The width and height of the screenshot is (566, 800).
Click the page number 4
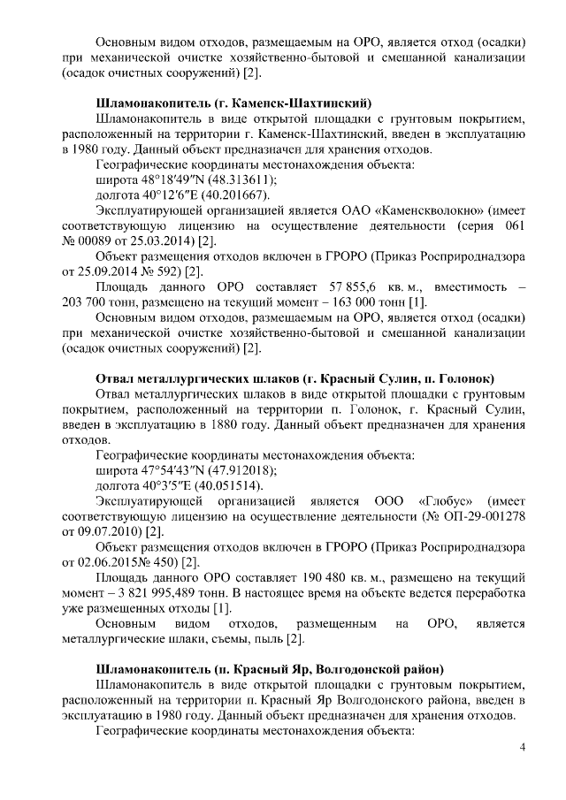[523, 749]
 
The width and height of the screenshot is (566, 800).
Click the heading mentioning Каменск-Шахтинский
[233, 100]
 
